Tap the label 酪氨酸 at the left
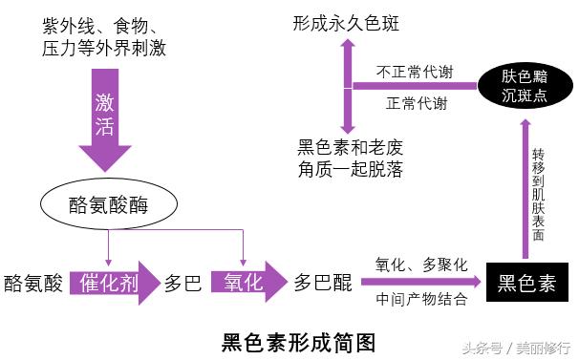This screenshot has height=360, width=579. [x=33, y=284]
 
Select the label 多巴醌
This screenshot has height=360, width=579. [x=322, y=284]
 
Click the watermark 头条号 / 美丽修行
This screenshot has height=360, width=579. [x=516, y=346]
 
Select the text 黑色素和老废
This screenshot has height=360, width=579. [x=350, y=148]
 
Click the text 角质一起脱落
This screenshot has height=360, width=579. [x=350, y=170]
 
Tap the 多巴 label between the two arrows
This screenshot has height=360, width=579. [x=182, y=284]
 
